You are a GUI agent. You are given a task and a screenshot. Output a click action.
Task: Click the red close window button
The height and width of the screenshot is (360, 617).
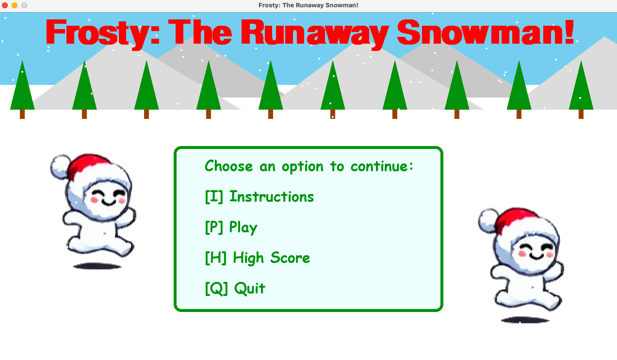pyautogui.click(x=5, y=5)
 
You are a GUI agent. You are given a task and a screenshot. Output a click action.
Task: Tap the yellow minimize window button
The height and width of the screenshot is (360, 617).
pyautogui.click(x=15, y=5)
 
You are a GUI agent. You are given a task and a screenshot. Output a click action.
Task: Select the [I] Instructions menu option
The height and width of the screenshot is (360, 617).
pyautogui.click(x=259, y=197)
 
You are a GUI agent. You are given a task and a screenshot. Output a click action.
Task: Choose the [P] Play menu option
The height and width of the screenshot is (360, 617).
pyautogui.click(x=231, y=228)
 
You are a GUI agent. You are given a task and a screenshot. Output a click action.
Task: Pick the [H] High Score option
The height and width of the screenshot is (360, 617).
pyautogui.click(x=258, y=258)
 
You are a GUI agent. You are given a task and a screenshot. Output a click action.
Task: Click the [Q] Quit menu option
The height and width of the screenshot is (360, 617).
pyautogui.click(x=235, y=289)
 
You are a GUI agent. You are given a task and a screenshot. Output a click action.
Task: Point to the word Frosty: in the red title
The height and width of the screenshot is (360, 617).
pyautogui.click(x=103, y=34)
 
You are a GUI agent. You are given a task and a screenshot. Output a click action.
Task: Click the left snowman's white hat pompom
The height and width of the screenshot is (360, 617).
pyautogui.click(x=60, y=166)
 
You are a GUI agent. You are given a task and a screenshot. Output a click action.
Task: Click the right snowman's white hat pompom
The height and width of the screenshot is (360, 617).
pyautogui.click(x=488, y=220)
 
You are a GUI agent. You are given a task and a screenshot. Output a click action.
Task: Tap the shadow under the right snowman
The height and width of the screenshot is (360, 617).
pyautogui.click(x=525, y=320)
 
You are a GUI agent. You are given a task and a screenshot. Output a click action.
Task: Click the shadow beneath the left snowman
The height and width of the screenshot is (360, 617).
pyautogui.click(x=97, y=266)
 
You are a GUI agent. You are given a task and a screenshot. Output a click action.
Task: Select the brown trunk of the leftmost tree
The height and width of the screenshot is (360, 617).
pyautogui.click(x=22, y=114)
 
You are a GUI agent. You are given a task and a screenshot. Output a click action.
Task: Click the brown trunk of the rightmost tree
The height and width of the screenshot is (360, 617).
pyautogui.click(x=581, y=114)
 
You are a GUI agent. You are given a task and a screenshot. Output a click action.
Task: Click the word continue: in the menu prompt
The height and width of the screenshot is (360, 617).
pyautogui.click(x=382, y=166)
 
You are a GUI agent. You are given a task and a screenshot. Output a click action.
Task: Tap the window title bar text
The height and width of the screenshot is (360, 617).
pyautogui.click(x=308, y=5)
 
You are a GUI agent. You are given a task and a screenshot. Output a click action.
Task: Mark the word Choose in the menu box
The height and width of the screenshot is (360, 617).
pyautogui.click(x=228, y=166)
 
